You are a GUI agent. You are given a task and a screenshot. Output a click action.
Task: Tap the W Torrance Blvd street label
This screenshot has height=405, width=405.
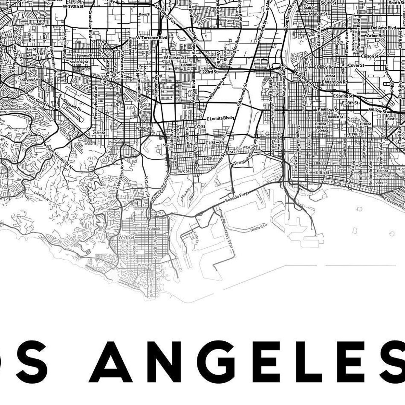pyautogui.click(x=151, y=38)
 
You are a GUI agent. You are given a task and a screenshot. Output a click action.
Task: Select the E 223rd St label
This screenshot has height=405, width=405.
pyautogui.click(x=208, y=72)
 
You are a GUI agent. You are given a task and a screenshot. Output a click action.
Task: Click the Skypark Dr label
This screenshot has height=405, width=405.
pyautogui.click(x=72, y=105)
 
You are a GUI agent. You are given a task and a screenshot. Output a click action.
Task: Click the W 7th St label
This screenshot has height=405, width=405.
pyautogui.click(x=126, y=237)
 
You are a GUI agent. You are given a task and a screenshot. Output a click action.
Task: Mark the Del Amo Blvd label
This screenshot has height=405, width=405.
pyautogui.click(x=383, y=28)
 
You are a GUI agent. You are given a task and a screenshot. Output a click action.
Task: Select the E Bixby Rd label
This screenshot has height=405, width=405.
pyautogui.click(x=324, y=67)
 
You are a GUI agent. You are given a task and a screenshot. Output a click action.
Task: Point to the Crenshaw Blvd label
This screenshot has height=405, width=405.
pyautogui.click(x=90, y=24)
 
